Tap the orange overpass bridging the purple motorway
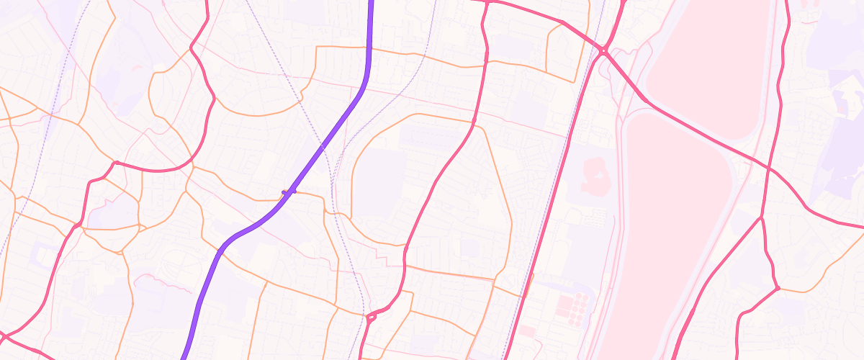tap(289, 192)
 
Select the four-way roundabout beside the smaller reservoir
tap(603, 51)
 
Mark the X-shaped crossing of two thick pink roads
tap(769, 169)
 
